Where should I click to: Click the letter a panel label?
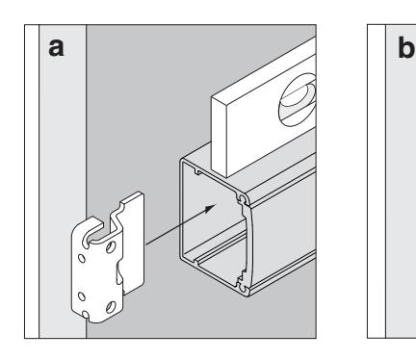coord(56,47)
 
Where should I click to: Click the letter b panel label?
coord(406,47)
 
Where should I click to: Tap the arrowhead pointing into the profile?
coord(210,209)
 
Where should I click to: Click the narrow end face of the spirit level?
coord(220,137)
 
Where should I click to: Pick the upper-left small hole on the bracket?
coord(82,258)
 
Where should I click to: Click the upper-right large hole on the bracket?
coord(111,246)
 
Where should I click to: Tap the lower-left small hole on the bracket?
coord(82,296)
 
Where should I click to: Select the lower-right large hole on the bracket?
coord(111,307)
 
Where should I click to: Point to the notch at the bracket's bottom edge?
coord(86,314)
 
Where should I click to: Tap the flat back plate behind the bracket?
coord(132,244)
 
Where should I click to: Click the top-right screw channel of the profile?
coord(243,199)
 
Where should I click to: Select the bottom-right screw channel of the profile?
coord(243,285)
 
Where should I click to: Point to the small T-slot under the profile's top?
coord(197,172)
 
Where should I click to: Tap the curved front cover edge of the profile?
coord(249,243)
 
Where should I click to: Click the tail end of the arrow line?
coord(146,244)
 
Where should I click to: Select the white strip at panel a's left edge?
coord(32,181)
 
